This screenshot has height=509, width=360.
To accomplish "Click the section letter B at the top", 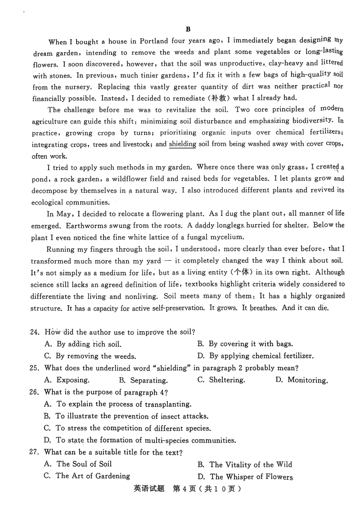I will pos(189,29).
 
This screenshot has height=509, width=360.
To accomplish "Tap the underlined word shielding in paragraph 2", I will pos(182,144).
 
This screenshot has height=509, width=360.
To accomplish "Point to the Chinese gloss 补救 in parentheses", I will pos(218,98).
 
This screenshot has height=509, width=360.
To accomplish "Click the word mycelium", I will pos(225,237).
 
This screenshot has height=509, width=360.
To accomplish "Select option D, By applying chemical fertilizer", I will pos(255,356).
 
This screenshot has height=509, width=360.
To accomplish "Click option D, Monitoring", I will pos(301,380).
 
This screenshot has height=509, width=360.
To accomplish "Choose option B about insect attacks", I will pos(126,416).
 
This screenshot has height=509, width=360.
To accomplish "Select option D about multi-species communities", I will pos(139,440).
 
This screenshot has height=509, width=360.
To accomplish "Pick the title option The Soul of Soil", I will pos(78,464).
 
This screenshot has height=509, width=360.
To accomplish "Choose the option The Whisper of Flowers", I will pos(245,477).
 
